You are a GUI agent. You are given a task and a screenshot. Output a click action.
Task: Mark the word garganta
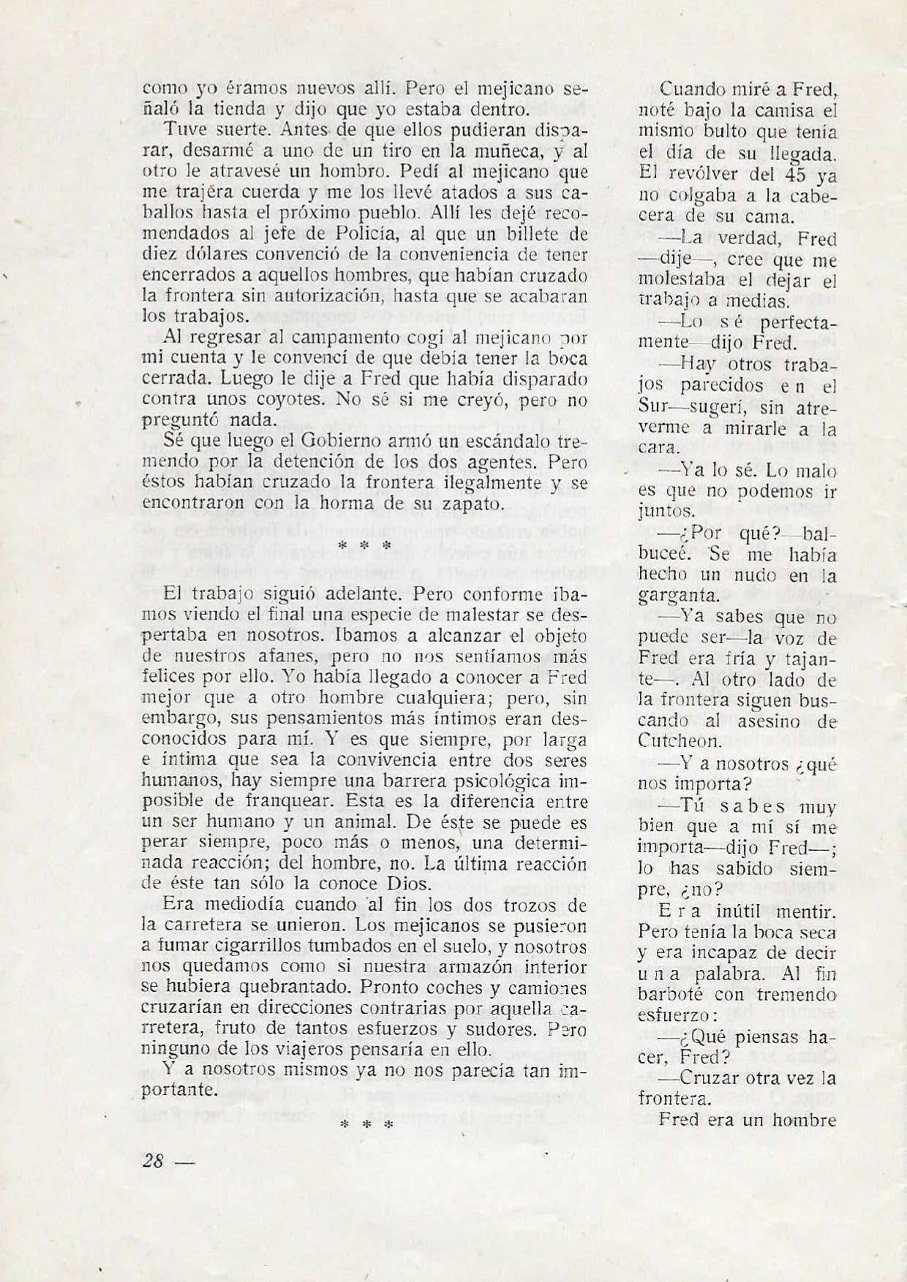(x=680, y=596)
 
